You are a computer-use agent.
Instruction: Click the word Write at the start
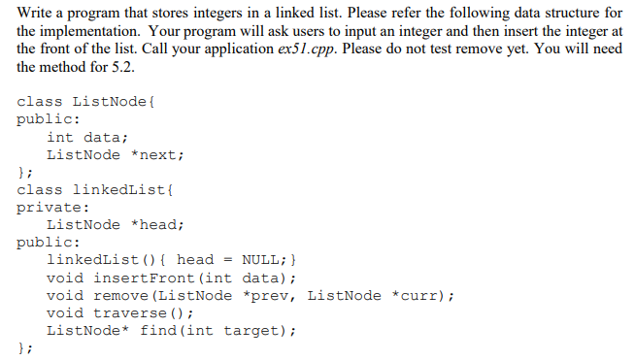36,11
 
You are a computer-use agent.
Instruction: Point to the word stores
172,11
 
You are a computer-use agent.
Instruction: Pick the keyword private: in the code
54,207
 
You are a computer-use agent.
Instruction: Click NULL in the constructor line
260,260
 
